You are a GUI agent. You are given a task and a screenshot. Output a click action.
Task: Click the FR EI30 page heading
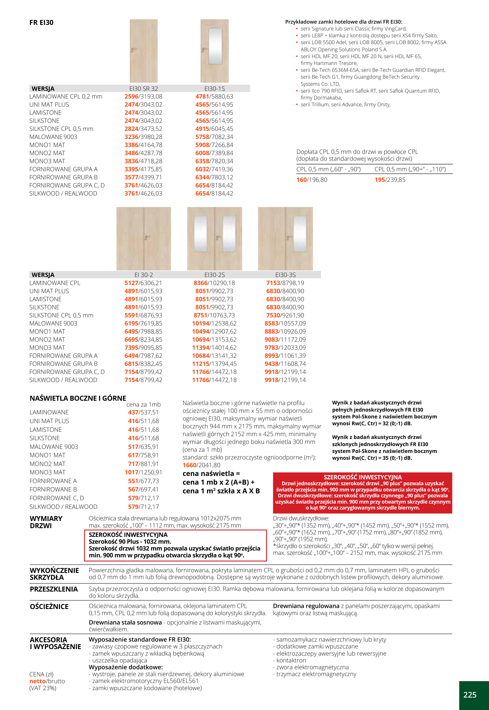[41, 22]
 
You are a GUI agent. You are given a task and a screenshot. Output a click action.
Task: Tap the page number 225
[469, 695]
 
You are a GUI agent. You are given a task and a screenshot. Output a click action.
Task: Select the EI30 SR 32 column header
[143, 89]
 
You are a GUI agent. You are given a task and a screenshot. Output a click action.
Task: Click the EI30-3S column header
[285, 275]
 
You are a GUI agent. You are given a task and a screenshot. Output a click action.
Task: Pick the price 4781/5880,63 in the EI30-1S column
[214, 97]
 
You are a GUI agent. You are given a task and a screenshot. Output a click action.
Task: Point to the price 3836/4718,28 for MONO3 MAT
[143, 161]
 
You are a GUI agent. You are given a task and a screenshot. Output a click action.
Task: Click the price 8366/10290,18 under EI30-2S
[214, 283]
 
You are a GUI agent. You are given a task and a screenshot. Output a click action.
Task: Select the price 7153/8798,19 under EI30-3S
[285, 283]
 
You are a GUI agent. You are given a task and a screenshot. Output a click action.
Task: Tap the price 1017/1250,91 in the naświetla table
[143, 472]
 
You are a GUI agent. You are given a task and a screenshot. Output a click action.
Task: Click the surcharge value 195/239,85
[390, 180]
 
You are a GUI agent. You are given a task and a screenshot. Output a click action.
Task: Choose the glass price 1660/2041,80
[201, 465]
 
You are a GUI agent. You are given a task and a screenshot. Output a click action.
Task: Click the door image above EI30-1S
[215, 51]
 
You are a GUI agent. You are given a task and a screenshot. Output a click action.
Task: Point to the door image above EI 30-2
[143, 238]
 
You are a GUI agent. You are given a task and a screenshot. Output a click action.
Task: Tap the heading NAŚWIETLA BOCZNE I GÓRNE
[78, 398]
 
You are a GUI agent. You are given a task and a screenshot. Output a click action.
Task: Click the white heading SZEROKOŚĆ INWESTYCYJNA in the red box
[363, 477]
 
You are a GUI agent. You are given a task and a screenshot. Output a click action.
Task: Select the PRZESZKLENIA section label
[54, 589]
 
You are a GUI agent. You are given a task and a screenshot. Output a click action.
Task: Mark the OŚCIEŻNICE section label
[49, 606]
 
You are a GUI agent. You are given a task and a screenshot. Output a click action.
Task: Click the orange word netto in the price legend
[38, 681]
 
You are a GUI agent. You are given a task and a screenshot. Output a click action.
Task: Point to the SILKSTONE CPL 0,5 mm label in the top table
[61, 129]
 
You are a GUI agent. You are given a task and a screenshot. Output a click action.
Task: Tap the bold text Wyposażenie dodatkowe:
[126, 667]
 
